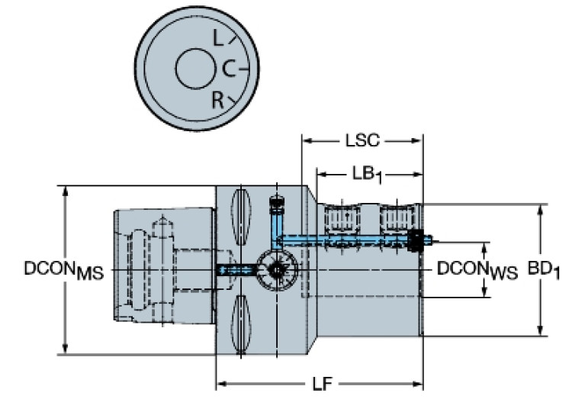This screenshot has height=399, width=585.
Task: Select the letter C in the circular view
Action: coord(229,69)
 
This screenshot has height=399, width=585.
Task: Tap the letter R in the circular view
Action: coord(219,99)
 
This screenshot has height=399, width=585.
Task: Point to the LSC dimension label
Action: coord(362,141)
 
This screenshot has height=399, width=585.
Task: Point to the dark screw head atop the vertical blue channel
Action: coord(275,203)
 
